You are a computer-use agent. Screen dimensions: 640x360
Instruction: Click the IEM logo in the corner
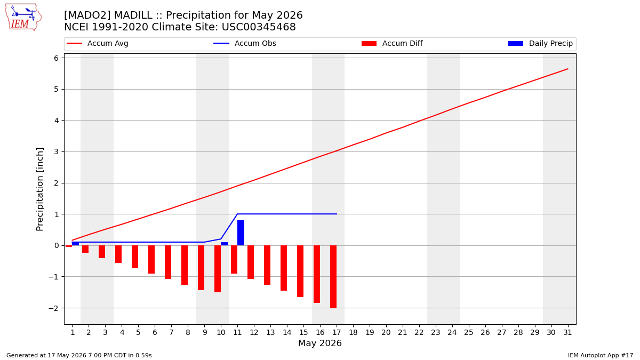[23, 18]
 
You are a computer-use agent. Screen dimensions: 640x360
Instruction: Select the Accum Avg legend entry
[98, 43]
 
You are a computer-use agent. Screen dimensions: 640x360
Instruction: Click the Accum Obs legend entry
[245, 43]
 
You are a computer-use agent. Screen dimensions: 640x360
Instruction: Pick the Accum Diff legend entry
[392, 43]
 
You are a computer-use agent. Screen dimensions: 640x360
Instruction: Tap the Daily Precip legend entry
[540, 43]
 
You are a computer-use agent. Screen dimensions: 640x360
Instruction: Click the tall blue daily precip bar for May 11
[241, 233]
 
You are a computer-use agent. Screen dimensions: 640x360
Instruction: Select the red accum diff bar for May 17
[333, 277]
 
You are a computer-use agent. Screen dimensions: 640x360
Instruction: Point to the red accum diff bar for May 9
[201, 268]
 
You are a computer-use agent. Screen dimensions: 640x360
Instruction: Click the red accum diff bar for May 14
[284, 268]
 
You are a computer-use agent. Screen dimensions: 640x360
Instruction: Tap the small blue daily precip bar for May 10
[225, 244]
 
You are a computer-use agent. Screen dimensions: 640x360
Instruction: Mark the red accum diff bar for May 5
[135, 257]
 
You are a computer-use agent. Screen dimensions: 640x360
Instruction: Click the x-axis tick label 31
[567, 333]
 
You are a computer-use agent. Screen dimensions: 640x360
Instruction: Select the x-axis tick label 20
[386, 333]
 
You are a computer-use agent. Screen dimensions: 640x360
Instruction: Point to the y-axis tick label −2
[53, 308]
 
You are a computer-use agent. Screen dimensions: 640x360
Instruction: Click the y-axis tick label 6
[56, 58]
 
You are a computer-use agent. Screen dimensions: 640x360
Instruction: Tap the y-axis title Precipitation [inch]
[39, 189]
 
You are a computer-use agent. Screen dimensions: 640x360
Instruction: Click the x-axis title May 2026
[320, 343]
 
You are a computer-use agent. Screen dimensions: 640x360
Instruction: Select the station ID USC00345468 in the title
[259, 27]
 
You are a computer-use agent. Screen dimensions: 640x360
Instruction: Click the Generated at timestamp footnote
[79, 355]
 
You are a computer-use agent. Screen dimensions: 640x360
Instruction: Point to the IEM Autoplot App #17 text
[601, 355]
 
